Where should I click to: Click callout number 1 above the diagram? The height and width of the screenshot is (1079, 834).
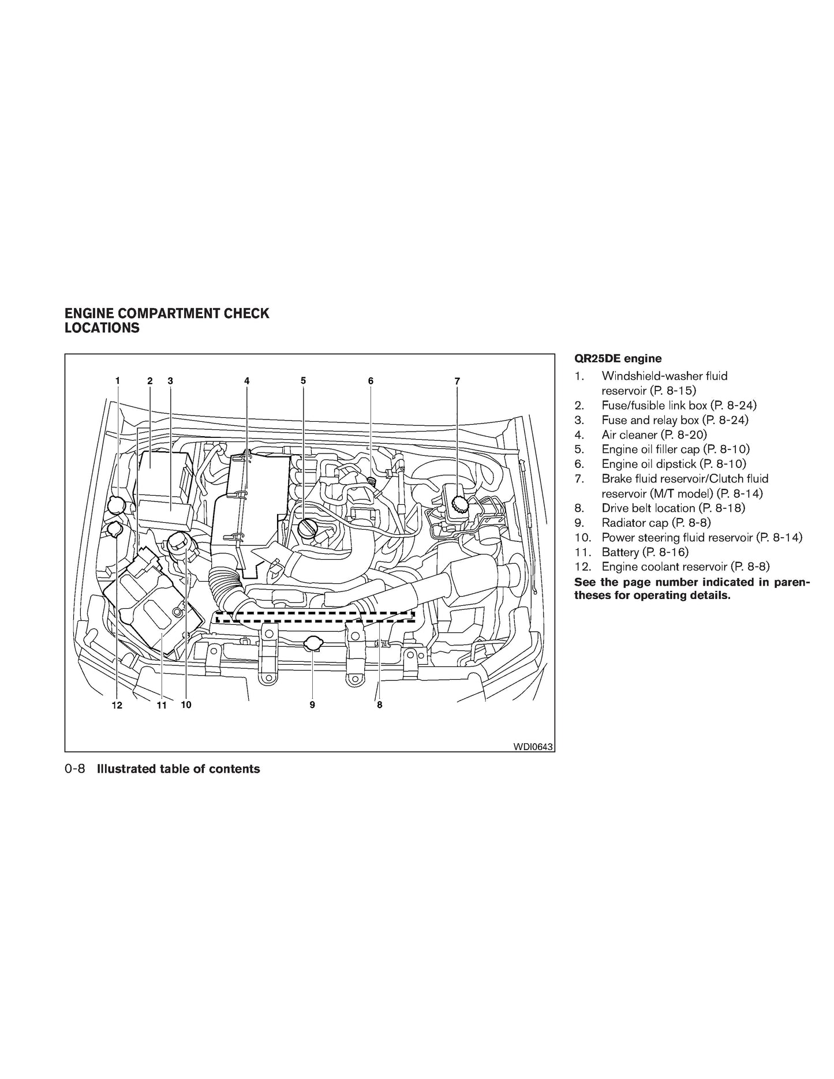tap(118, 381)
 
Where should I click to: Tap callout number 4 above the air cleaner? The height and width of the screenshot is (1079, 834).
tap(246, 381)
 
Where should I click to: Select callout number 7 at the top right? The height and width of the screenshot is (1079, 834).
tap(457, 381)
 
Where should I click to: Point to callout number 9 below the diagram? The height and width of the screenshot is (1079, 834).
tap(312, 705)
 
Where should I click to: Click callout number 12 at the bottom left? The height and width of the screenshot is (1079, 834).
tap(117, 705)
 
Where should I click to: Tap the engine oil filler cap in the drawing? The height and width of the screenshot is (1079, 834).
tap(308, 527)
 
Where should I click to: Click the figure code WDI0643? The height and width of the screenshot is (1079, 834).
tap(533, 747)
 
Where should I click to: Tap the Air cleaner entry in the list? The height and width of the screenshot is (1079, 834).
tap(654, 434)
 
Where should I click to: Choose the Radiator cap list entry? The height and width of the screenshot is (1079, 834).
tap(656, 523)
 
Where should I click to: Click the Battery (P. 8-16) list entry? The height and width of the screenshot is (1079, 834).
tap(645, 552)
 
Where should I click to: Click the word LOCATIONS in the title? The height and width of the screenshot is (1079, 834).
tap(102, 328)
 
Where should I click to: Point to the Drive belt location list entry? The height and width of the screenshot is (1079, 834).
tap(674, 508)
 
